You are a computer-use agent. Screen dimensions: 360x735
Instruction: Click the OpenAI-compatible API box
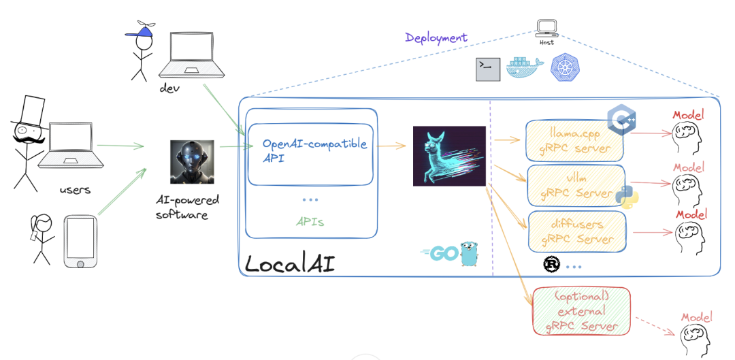point(310,154)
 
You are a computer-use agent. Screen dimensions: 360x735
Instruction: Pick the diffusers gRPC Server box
point(576,231)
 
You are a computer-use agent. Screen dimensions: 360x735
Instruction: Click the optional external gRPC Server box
point(581,310)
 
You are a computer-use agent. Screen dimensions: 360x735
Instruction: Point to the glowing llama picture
point(449,156)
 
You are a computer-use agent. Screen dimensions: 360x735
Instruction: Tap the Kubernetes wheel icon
point(563,69)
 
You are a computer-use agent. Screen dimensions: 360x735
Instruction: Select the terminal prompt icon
point(488,69)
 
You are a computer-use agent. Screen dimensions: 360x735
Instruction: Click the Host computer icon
point(546,28)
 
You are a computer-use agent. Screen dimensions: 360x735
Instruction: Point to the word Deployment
point(436,37)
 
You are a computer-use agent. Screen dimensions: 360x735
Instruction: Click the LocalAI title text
point(289,263)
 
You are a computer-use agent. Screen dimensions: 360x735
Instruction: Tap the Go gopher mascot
point(467,253)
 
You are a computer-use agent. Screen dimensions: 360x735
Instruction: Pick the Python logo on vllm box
point(627,195)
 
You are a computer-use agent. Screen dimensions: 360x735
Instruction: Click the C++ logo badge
point(621,121)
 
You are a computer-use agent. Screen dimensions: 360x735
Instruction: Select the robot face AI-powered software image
point(191,162)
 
